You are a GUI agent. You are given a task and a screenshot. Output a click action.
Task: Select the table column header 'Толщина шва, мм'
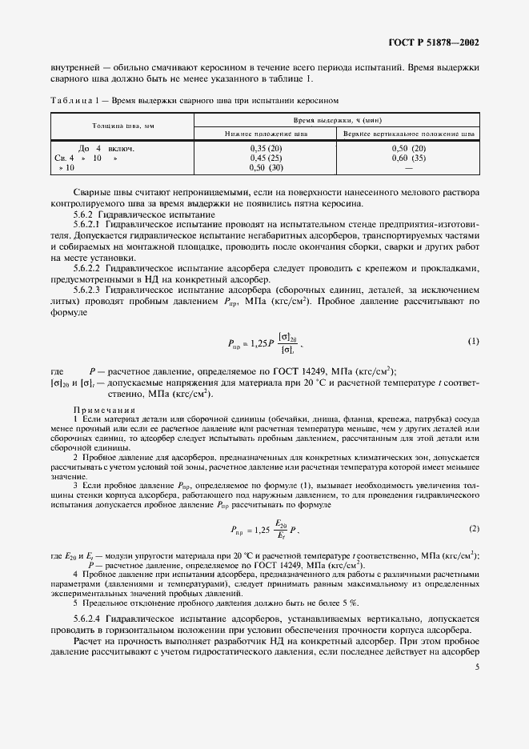120,127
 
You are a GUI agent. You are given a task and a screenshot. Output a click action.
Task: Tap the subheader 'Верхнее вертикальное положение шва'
408,134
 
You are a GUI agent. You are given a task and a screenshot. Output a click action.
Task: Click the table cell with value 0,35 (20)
267,149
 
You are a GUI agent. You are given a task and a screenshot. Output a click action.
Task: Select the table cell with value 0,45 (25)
267,158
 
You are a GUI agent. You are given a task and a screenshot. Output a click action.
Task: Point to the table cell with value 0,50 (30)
267,168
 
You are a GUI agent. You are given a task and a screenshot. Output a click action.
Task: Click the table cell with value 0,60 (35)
408,158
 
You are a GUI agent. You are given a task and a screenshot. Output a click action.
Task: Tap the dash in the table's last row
408,168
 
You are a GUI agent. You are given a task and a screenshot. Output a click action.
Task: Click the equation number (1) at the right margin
473,341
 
